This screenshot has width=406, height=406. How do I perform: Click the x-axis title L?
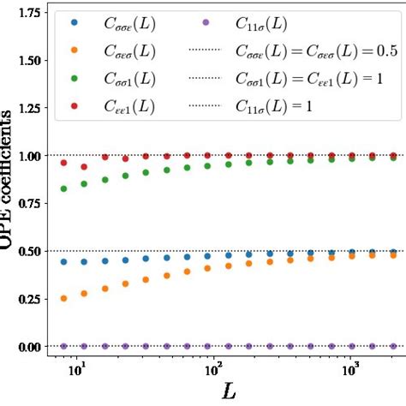(x=228, y=392)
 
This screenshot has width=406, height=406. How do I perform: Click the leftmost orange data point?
(x=63, y=298)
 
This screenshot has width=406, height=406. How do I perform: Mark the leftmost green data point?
(x=63, y=188)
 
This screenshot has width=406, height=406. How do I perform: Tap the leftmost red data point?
(x=63, y=163)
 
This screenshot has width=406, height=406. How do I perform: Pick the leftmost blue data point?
(x=63, y=262)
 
